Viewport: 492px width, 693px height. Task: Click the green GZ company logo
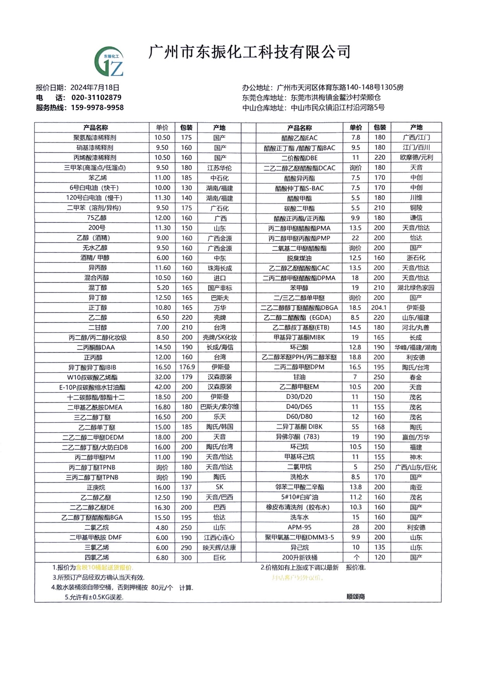109,62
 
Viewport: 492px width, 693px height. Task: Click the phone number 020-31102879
96,98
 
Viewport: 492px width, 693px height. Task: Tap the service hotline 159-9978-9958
97,108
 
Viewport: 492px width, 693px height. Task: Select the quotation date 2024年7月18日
95,87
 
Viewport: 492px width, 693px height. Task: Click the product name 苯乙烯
98,178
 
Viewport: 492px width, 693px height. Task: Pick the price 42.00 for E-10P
162,387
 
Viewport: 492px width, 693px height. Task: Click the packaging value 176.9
187,367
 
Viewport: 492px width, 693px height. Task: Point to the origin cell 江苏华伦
219,168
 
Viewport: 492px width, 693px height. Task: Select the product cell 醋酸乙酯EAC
299,138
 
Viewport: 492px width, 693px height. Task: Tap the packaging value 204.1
379,308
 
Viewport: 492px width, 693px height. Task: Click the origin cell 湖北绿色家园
416,287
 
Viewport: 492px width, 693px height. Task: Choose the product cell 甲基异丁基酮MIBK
299,337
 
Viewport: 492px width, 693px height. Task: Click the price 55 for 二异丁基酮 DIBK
355,427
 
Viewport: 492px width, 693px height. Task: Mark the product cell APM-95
299,527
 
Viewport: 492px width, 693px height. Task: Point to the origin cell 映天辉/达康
219,548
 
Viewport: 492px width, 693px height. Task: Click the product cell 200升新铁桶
299,557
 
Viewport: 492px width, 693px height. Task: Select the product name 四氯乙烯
97,558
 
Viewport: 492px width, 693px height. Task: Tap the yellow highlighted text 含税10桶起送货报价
104,568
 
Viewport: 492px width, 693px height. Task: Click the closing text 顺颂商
355,597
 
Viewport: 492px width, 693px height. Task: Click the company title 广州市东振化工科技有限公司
250,52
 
